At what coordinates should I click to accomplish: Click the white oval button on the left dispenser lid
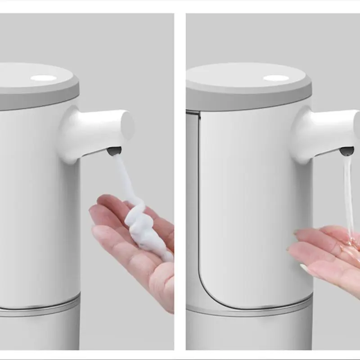[44, 78]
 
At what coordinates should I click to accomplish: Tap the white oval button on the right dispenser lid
[276, 78]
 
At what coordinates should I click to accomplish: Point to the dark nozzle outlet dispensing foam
[114, 151]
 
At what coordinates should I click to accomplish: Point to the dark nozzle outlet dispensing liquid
[346, 151]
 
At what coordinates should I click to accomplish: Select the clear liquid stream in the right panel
[349, 193]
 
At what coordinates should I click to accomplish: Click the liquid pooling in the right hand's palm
[349, 245]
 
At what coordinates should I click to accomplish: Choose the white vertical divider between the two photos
[180, 180]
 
